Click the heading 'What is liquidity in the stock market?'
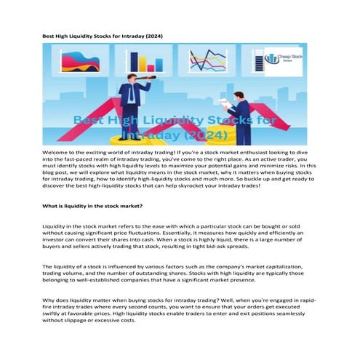click(100, 207)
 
